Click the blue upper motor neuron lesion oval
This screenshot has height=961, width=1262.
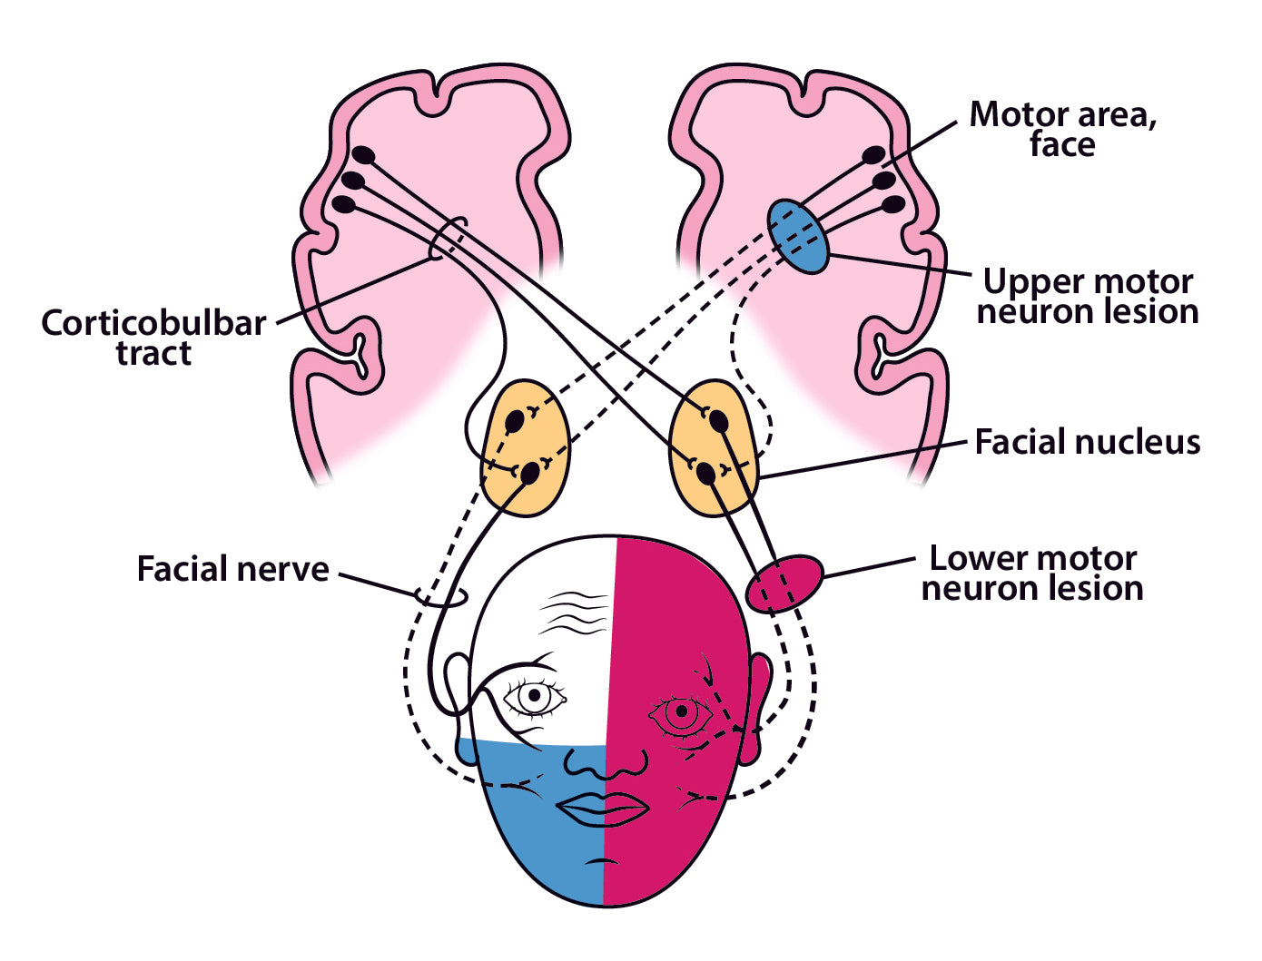(799, 236)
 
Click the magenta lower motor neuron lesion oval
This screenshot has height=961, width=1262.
(784, 583)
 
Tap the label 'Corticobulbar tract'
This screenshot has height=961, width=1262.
(153, 338)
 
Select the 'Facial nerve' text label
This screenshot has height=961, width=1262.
(232, 569)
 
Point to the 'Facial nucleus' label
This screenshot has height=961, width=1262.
(1087, 442)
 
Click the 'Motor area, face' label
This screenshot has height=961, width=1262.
(1062, 129)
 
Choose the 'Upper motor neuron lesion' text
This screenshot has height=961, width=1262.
(1088, 297)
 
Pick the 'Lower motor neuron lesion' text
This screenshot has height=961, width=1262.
(1032, 573)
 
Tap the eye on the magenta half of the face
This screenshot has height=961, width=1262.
(680, 712)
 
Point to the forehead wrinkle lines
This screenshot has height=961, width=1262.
(574, 611)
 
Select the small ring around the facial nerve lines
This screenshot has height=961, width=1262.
(441, 597)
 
